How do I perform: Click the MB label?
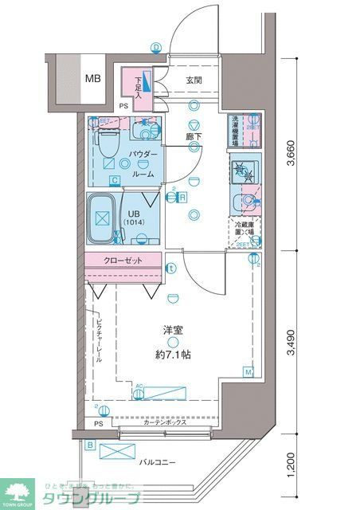(93, 79)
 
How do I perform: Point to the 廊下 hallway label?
(194, 136)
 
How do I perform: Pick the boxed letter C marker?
(115, 181)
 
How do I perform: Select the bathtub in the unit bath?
(100, 218)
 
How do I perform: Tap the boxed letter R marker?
(182, 197)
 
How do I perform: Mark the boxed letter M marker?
(248, 372)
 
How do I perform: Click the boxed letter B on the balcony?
(90, 445)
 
